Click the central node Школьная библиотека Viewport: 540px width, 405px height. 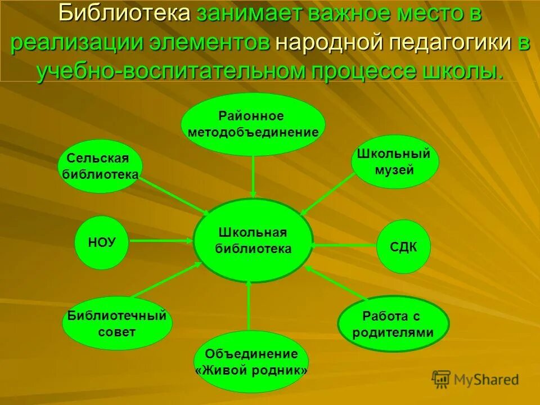point(253,241)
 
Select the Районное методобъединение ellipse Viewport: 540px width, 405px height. point(253,124)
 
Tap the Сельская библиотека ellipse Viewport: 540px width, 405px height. point(101,166)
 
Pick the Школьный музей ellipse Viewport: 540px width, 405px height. point(395,161)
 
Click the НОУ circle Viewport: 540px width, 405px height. point(102,242)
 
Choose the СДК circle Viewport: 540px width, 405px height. point(403,247)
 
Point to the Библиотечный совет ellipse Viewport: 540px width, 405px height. point(117,323)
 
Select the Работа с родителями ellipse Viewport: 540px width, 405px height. point(393,324)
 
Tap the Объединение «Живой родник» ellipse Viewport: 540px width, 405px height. point(251,362)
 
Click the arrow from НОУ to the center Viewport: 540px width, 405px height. point(161,241)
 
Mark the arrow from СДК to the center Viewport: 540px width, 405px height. point(344,246)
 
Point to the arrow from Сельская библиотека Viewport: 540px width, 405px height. point(174,196)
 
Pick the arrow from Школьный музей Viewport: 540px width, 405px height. point(327,194)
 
